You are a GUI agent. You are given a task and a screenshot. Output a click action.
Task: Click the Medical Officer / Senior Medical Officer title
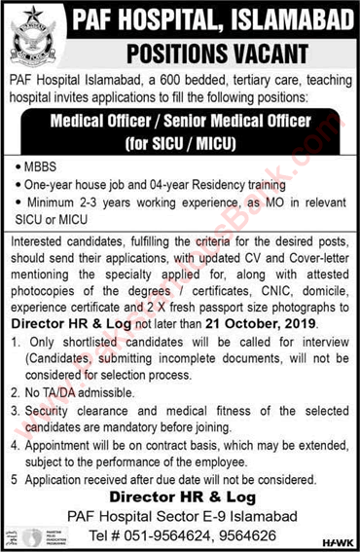182,123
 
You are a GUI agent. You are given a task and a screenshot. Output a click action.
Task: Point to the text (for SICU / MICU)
181,140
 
